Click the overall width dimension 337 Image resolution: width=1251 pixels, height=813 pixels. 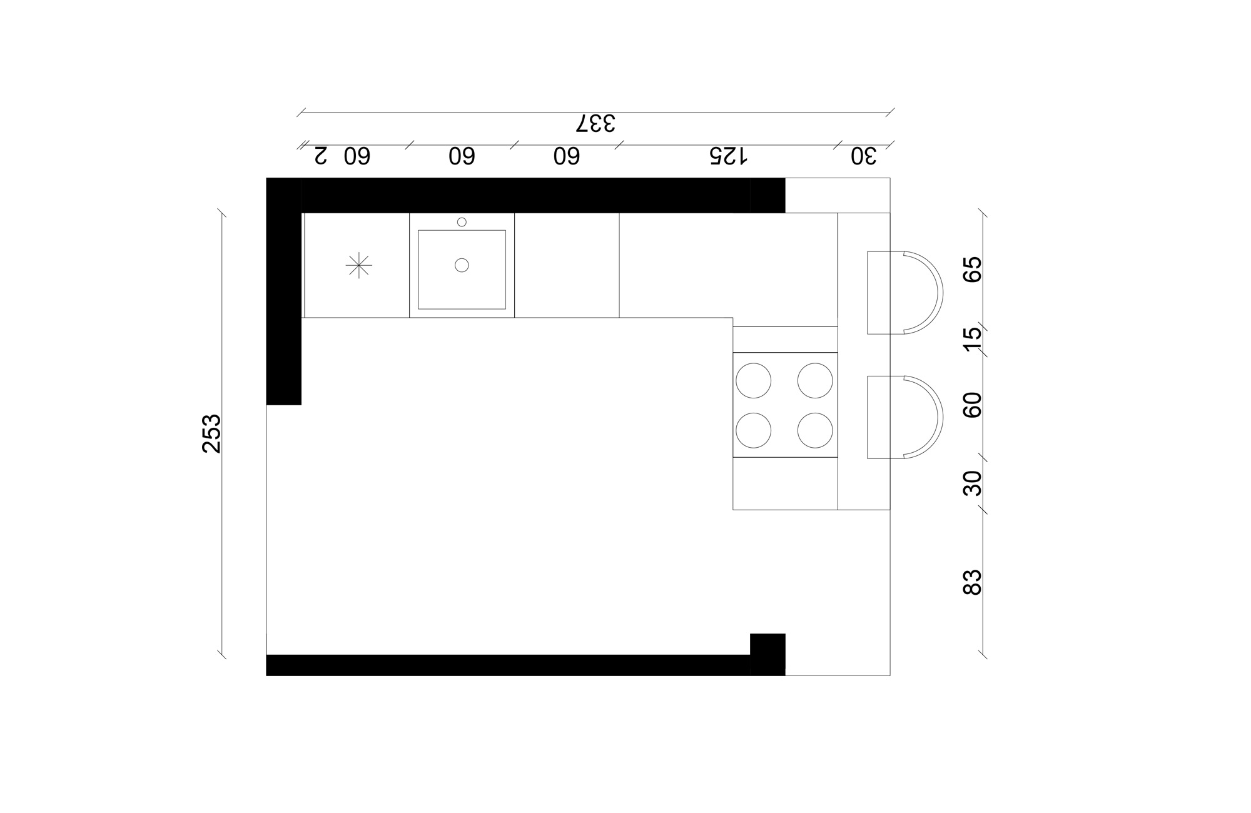click(595, 123)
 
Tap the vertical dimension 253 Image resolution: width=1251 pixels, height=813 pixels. click(212, 433)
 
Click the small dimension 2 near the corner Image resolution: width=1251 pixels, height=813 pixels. click(320, 156)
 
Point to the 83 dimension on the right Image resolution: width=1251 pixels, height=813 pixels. click(973, 582)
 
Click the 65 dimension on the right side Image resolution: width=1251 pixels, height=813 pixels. click(973, 270)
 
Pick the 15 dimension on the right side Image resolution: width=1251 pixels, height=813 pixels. click(973, 339)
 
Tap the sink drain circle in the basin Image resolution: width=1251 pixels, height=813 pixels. click(462, 265)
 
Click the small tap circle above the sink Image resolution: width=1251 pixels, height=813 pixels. click(462, 222)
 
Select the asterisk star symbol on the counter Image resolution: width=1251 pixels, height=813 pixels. click(359, 265)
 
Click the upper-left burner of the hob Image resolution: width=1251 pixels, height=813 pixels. click(753, 380)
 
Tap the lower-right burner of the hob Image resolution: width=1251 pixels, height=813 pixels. click(815, 430)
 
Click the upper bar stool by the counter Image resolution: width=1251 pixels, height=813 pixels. click(904, 293)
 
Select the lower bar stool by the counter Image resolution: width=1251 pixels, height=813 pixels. click(904, 417)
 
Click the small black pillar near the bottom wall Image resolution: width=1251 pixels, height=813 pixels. click(767, 654)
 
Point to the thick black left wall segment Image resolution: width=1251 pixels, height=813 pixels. click(284, 300)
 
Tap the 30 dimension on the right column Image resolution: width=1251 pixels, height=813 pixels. click(973, 483)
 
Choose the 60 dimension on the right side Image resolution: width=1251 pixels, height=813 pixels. click(973, 405)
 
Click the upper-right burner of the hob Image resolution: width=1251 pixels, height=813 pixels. click(815, 380)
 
